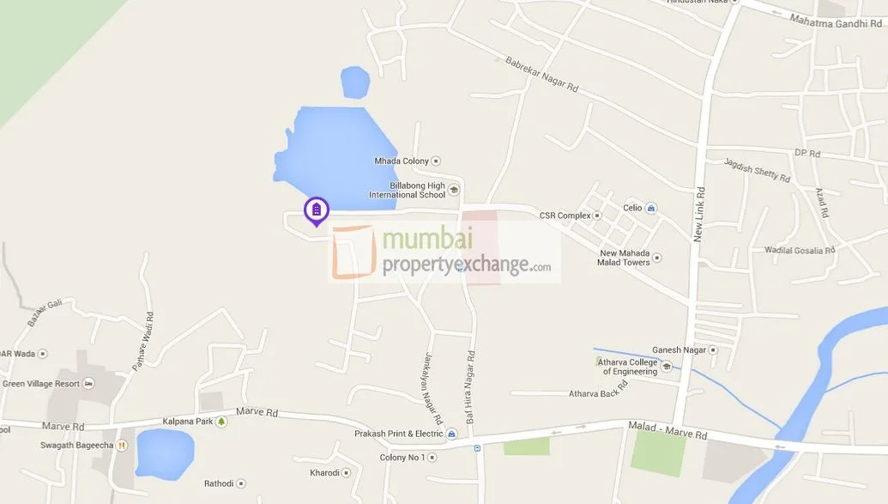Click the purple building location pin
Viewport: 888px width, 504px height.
coord(317,210)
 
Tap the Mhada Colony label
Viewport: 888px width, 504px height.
coord(401,161)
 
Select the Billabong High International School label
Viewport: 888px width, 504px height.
coord(408,190)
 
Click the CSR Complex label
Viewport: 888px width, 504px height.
coord(565,216)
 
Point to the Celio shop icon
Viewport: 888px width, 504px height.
coord(651,208)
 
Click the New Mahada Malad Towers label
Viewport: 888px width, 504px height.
coord(625,258)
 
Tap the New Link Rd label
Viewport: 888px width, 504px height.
coord(699,214)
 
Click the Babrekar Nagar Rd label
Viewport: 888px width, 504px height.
coord(542,76)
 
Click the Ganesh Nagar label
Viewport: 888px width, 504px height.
coord(679,349)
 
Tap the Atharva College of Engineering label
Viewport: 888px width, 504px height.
coord(630,367)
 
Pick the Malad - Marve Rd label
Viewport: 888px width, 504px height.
coord(668,430)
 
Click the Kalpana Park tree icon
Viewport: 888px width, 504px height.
coord(221,422)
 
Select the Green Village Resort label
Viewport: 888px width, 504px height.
coord(41,384)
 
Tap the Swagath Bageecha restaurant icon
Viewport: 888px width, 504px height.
coord(122,445)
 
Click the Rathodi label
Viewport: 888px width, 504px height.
coord(218,483)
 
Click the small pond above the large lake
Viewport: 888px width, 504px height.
coord(355,82)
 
